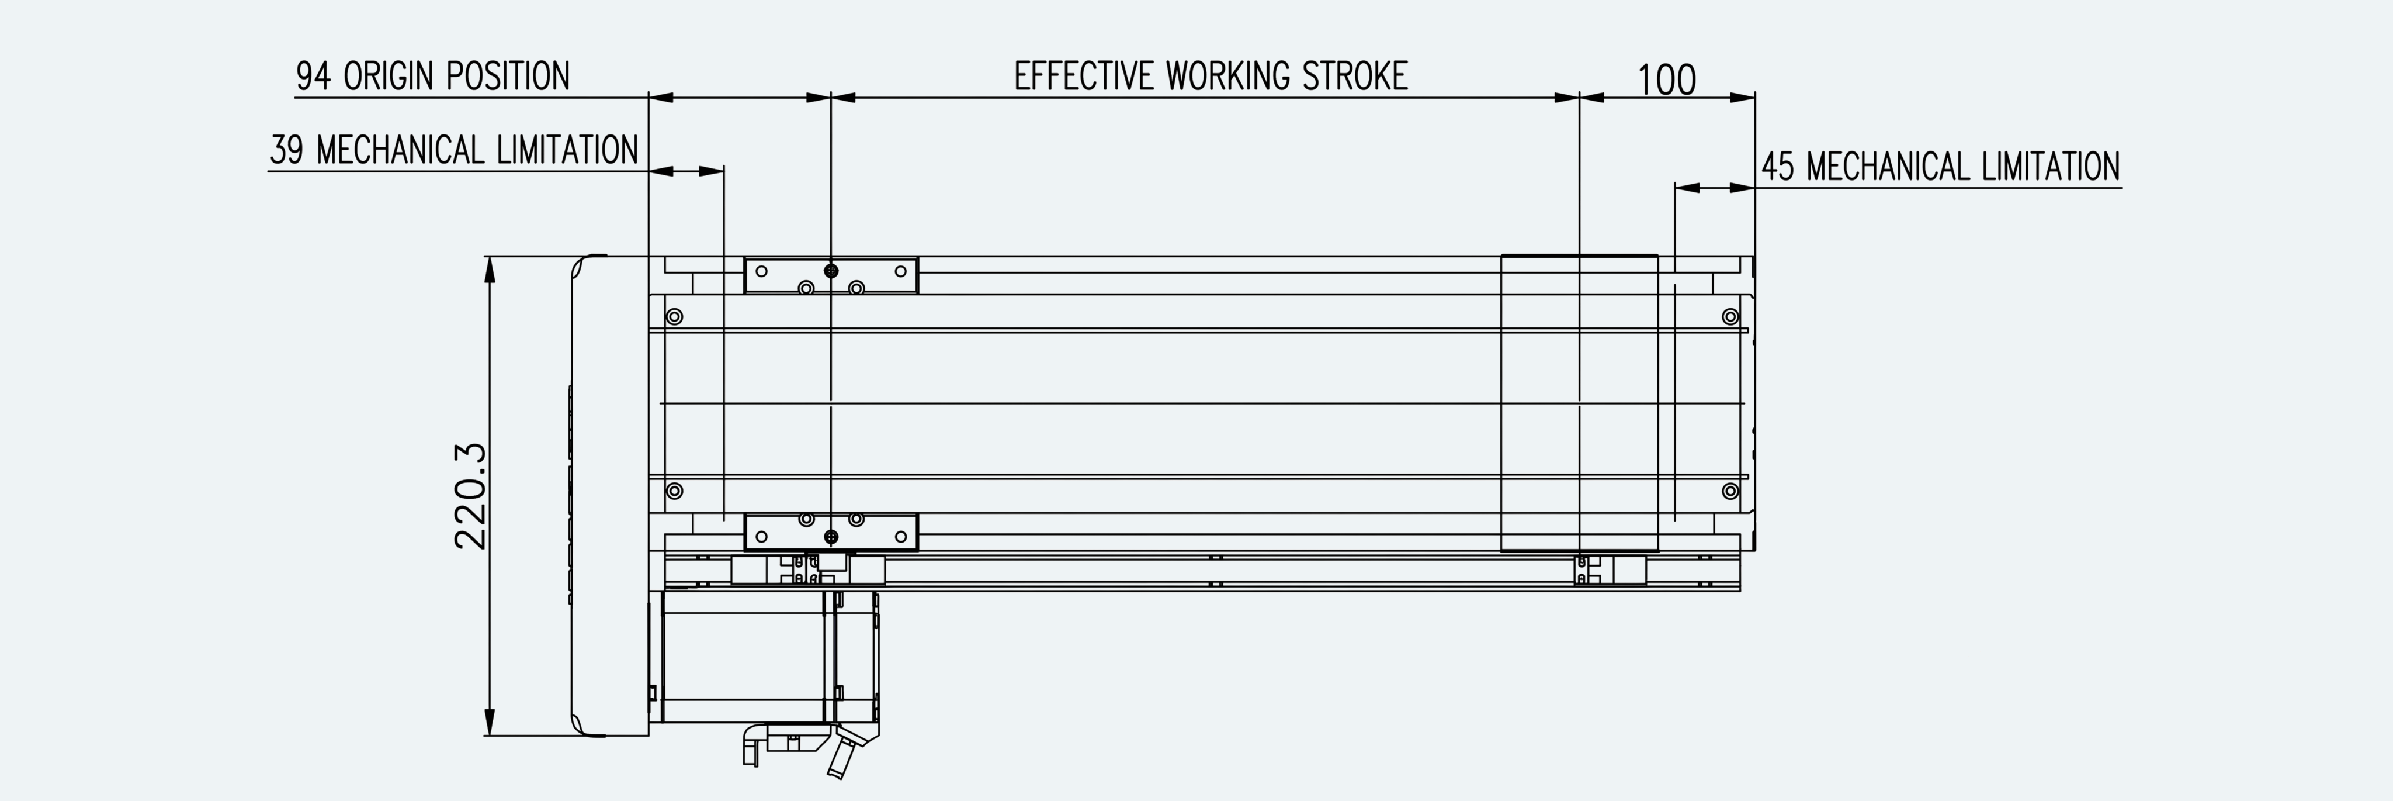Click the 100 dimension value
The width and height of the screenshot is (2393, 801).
tap(1667, 80)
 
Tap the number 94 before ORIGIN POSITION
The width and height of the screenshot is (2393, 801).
tap(313, 76)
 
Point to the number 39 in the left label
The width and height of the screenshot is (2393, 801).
tap(287, 150)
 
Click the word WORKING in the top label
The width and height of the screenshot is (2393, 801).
tap(1228, 75)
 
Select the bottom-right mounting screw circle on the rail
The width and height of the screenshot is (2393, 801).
tap(1730, 491)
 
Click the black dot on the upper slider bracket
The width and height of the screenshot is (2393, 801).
tap(831, 270)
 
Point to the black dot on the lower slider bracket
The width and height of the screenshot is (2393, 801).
tap(831, 536)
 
